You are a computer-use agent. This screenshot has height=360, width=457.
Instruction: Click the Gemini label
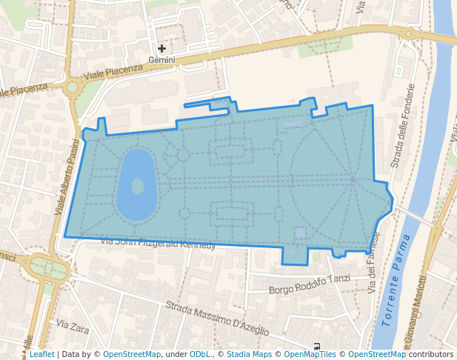(161, 60)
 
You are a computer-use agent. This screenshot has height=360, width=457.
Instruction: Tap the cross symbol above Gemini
(161, 48)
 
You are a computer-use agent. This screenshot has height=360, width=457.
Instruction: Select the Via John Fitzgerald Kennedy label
(158, 243)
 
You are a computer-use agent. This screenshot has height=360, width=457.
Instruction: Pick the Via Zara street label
(72, 325)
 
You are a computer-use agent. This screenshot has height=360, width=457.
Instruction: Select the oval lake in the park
(136, 185)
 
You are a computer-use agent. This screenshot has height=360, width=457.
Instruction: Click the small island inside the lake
(138, 186)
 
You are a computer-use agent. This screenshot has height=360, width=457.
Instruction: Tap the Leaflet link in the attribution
(41, 354)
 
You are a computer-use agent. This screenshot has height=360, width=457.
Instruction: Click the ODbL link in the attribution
(199, 354)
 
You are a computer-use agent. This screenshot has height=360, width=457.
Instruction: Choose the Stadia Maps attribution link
(249, 354)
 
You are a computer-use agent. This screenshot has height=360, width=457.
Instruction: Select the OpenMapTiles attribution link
(310, 354)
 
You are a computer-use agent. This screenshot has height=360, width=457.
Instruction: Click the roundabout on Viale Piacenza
(72, 87)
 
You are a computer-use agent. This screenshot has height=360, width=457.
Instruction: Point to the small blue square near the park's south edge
(299, 233)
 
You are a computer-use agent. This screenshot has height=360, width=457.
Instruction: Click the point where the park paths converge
(353, 179)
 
